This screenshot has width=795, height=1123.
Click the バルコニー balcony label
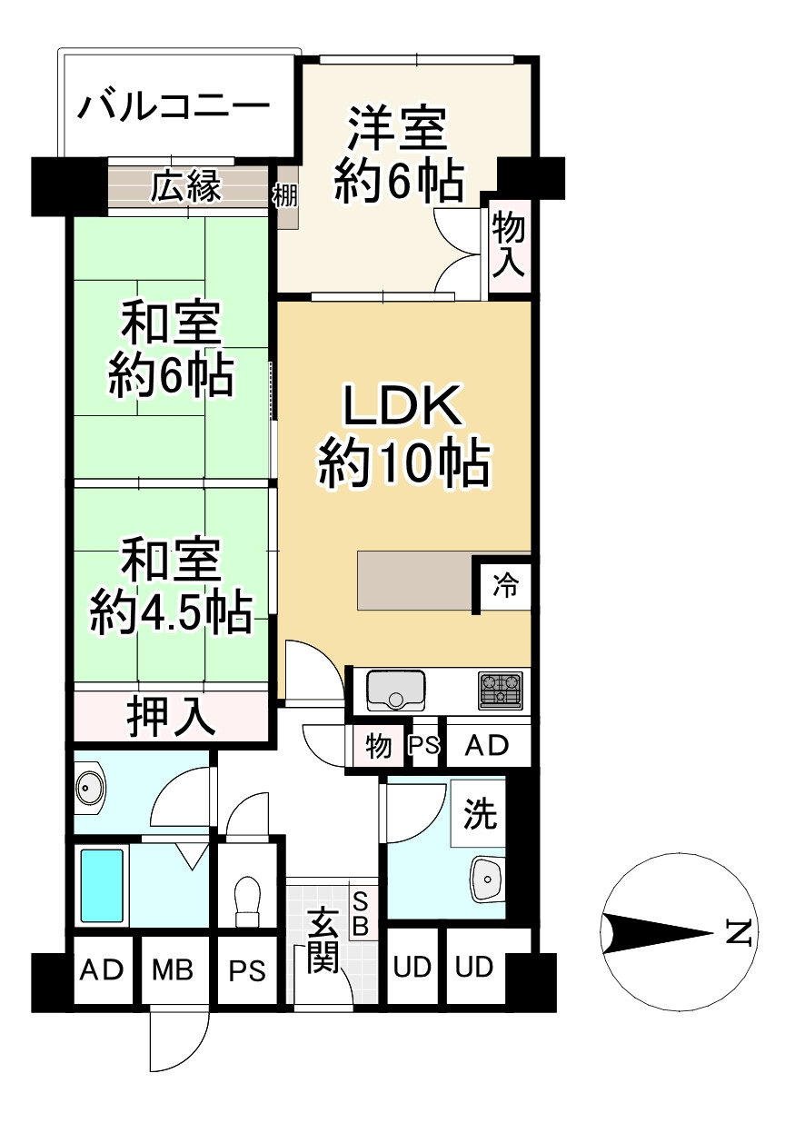click(x=174, y=108)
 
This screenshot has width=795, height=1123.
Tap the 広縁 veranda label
click(x=186, y=187)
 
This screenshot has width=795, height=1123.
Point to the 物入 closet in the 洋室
click(x=508, y=243)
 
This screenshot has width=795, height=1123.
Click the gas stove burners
click(x=501, y=691)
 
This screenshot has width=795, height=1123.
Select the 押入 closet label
click(x=171, y=716)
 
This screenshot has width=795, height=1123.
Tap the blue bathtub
click(x=102, y=885)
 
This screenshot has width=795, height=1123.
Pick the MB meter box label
click(x=173, y=969)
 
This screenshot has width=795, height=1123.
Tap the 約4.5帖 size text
click(x=171, y=616)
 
